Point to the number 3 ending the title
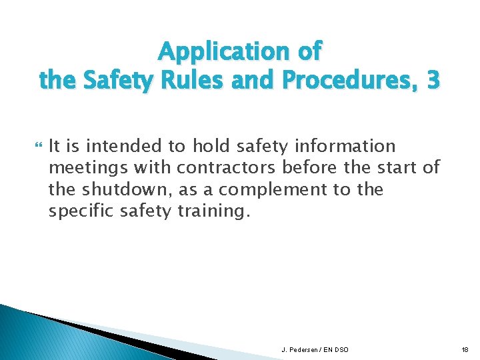(433, 80)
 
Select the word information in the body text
(347, 146)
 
